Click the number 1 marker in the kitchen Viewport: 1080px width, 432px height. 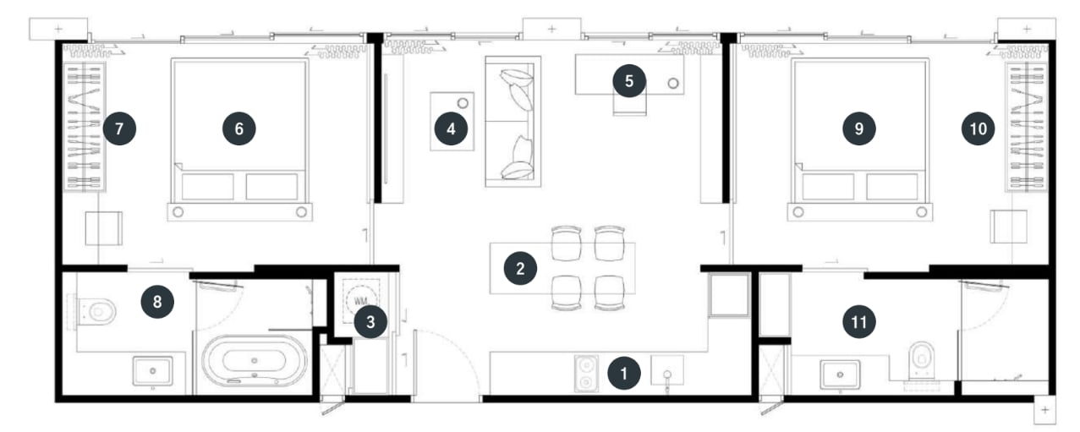pos(624,373)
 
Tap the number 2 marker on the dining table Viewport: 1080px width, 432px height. pos(520,268)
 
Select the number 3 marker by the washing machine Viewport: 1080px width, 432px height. pos(370,321)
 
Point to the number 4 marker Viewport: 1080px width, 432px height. pos(451,129)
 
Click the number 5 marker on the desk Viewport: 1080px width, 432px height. pos(629,80)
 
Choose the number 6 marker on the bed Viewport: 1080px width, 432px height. pos(238,129)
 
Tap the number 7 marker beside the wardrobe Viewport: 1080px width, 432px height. pos(119,129)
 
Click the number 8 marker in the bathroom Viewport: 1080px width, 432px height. pos(157,302)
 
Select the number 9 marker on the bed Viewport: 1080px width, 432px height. pos(858,129)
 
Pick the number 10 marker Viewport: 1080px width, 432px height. pos(978,129)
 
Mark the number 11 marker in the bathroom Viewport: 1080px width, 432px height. pos(858,321)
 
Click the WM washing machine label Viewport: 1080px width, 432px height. pos(359,302)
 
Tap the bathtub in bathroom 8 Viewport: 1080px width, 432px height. pos(254,361)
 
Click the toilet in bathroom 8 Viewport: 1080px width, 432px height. pos(96,310)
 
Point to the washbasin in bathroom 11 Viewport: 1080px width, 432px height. pos(841,375)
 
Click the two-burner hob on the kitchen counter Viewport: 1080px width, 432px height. pos(586,373)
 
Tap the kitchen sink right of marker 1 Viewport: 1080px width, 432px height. pos(667,371)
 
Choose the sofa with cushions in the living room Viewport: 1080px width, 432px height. pos(513,122)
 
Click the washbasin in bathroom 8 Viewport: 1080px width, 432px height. pos(152,371)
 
